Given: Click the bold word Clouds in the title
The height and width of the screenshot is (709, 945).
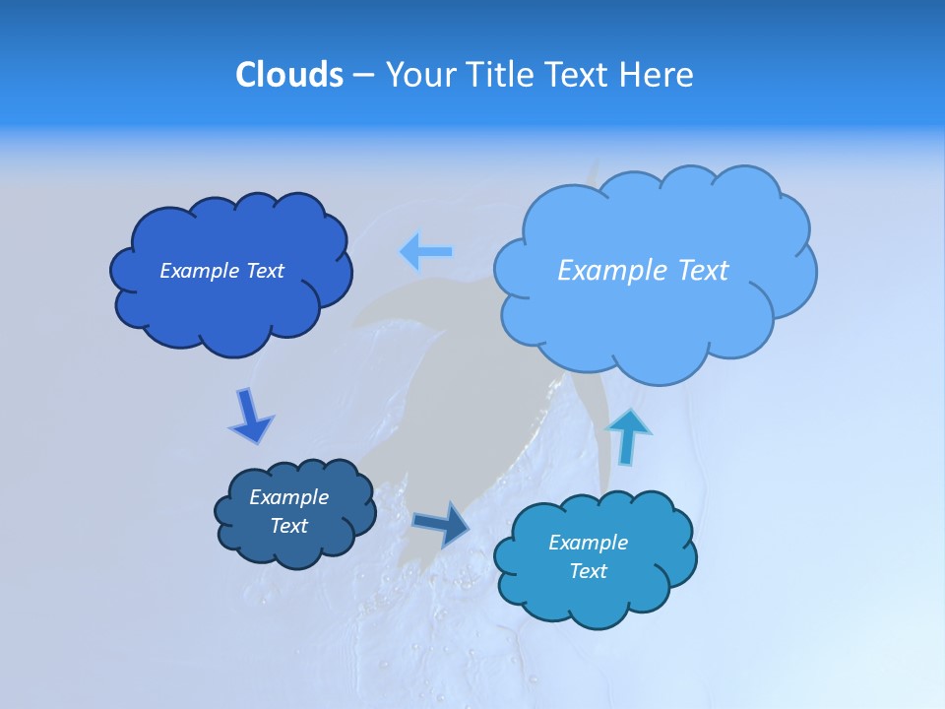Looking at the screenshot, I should pyautogui.click(x=288, y=75).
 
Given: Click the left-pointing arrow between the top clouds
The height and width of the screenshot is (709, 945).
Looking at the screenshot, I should pyautogui.click(x=426, y=252).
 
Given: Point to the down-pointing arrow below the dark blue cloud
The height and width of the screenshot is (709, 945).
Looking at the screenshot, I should pyautogui.click(x=251, y=416).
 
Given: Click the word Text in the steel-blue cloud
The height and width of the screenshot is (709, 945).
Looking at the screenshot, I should pyautogui.click(x=289, y=526).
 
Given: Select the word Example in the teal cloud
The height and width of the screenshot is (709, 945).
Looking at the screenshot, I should pyautogui.click(x=588, y=543).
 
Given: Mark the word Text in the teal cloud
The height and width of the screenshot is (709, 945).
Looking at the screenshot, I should pyautogui.click(x=588, y=571).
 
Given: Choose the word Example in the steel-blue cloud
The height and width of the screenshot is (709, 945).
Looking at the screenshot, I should pyautogui.click(x=289, y=497).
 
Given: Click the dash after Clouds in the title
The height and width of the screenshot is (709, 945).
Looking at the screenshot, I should pyautogui.click(x=363, y=75).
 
